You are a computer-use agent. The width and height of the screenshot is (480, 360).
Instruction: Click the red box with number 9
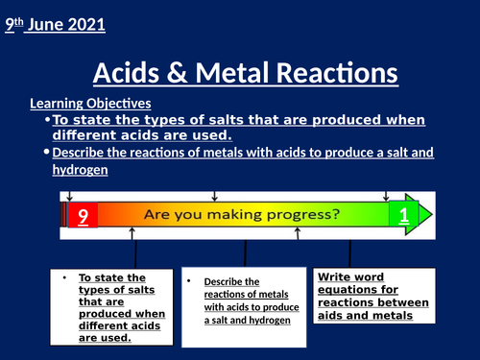click(x=84, y=216)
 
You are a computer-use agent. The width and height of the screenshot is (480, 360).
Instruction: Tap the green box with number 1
click(x=403, y=215)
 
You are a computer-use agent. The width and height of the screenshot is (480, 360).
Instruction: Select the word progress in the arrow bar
click(x=297, y=216)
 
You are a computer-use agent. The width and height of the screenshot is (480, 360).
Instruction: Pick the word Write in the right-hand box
click(x=335, y=277)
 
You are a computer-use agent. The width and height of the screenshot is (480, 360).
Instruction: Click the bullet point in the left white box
click(x=62, y=278)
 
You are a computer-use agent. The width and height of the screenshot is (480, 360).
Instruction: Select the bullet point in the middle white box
click(x=192, y=281)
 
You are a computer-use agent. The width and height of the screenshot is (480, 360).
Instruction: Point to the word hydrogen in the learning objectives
click(x=81, y=170)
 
